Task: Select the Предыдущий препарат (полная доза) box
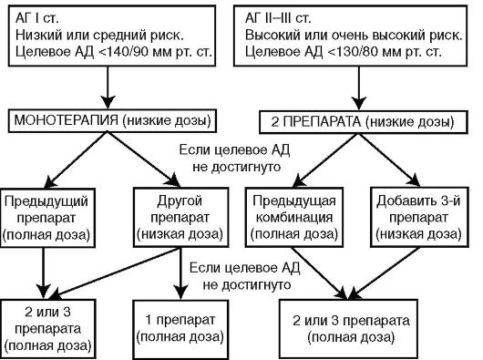46,217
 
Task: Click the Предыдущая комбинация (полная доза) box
303,217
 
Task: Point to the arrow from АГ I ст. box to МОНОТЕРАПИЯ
111,88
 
